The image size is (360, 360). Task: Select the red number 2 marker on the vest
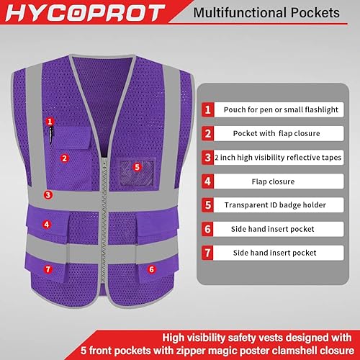click(x=64, y=158)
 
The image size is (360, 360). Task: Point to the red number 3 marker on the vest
click(x=47, y=194)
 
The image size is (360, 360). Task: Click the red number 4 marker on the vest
click(x=47, y=224)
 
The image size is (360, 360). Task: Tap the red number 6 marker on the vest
click(x=151, y=269)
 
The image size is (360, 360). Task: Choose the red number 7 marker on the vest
click(x=48, y=269)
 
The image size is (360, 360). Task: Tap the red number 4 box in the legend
click(x=207, y=181)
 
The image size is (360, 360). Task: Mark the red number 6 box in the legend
click(x=207, y=229)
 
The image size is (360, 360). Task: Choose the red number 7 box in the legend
click(x=207, y=253)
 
